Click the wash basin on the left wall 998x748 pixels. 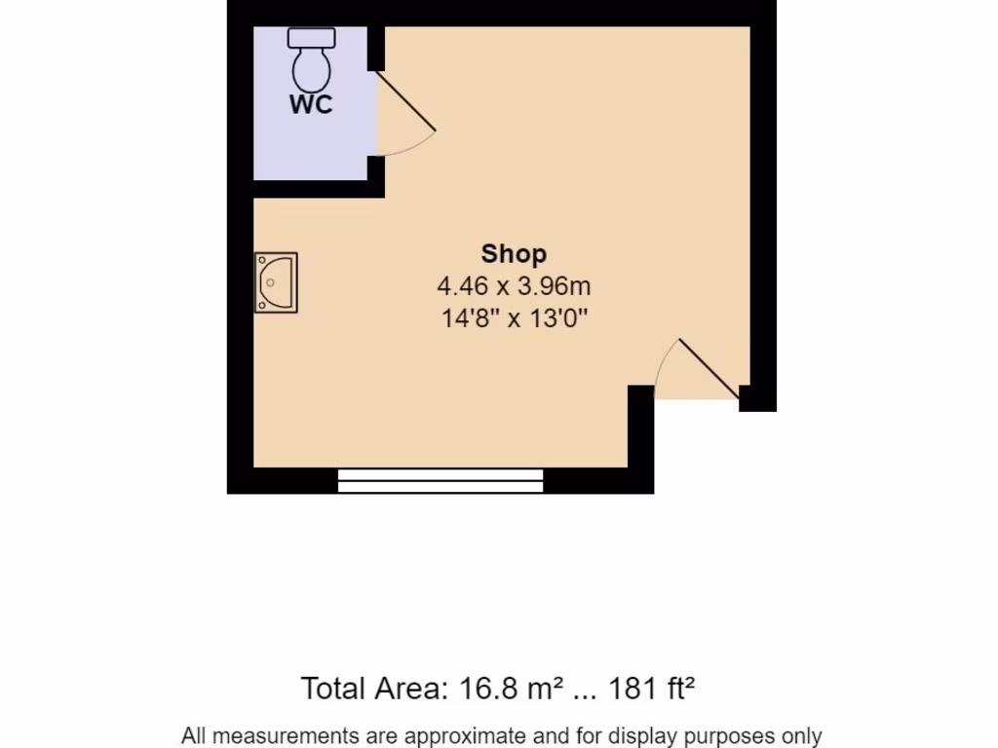point(275,282)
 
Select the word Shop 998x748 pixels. point(514,254)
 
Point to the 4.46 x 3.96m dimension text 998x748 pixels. point(514,286)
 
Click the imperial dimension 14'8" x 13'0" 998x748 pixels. point(514,318)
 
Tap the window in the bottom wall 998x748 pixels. point(441,480)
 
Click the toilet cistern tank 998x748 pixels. point(312,37)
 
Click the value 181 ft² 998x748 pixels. point(652,689)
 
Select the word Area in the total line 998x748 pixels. point(408,689)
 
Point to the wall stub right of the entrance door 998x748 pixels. point(756,398)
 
